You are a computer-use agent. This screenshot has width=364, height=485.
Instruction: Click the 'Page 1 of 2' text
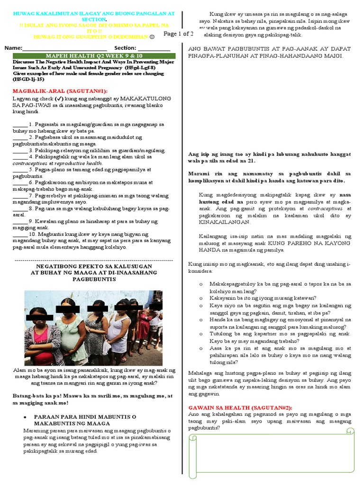tap(178, 34)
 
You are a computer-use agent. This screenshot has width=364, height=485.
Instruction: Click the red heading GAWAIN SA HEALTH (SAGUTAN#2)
tap(240, 407)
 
